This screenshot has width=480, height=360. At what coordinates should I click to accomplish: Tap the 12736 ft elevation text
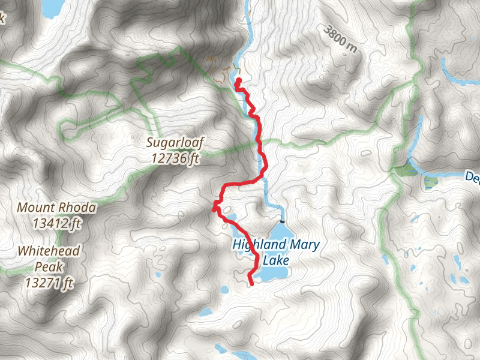click(176, 159)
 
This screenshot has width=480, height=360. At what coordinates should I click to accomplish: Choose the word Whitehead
click(49, 250)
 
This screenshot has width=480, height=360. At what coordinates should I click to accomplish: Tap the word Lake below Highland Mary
click(278, 260)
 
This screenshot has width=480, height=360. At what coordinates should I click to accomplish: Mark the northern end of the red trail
click(238, 80)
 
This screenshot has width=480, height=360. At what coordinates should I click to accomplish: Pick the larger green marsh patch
click(404, 169)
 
